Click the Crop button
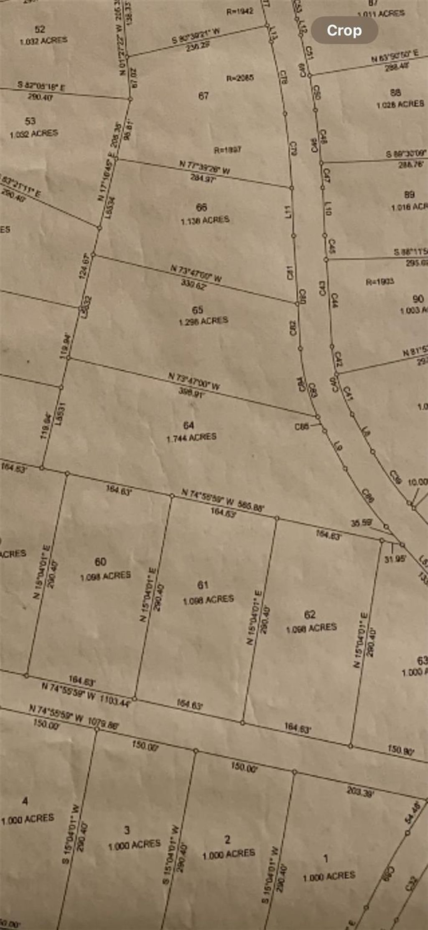click(344, 30)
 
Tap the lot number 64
click(189, 425)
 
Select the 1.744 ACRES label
click(191, 437)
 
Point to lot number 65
click(198, 310)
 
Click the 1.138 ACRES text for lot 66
click(205, 220)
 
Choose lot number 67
click(203, 96)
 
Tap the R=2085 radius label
click(240, 78)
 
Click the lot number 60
click(100, 562)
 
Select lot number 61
click(203, 585)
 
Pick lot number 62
click(310, 614)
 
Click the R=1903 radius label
click(380, 281)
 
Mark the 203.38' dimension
click(360, 791)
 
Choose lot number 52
click(40, 29)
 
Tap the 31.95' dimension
click(395, 558)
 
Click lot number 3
click(127, 830)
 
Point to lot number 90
click(418, 299)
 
